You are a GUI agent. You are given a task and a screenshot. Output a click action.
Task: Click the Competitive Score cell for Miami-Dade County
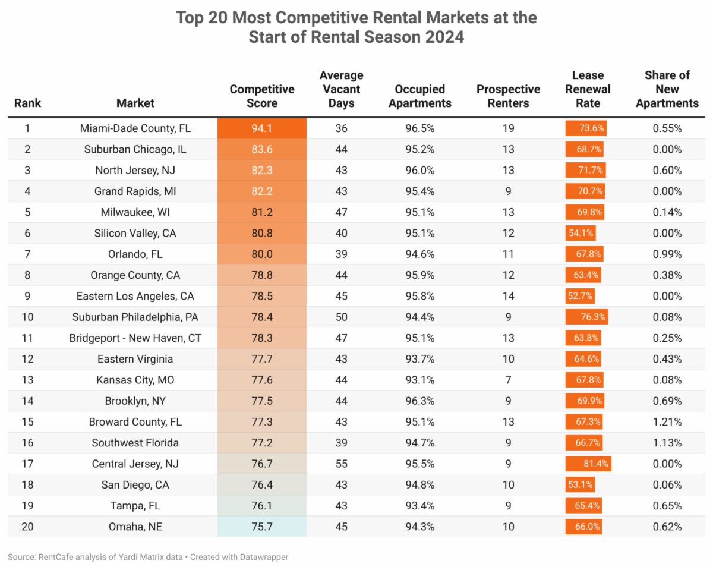pyautogui.click(x=262, y=128)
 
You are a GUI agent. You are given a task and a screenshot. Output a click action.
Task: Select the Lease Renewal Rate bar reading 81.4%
pyautogui.click(x=588, y=464)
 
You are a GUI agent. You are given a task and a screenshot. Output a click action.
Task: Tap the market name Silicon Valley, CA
pyautogui.click(x=135, y=233)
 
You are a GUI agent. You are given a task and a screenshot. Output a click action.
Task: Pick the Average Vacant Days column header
pyautogui.click(x=341, y=89)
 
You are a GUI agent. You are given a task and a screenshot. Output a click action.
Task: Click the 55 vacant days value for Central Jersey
pyautogui.click(x=341, y=464)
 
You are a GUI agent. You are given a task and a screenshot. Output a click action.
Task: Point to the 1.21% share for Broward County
pyautogui.click(x=667, y=422)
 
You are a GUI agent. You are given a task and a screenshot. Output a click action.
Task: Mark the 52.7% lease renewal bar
pyautogui.click(x=579, y=296)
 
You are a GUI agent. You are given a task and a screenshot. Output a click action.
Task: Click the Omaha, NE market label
pyautogui.click(x=135, y=527)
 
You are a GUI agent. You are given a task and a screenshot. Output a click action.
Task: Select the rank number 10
pyautogui.click(x=27, y=317)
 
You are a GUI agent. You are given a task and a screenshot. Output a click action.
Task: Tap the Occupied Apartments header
pyautogui.click(x=419, y=96)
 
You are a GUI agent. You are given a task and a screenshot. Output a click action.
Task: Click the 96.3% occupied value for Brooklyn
pyautogui.click(x=419, y=401)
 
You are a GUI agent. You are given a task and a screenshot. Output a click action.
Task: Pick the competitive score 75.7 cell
pyautogui.click(x=262, y=527)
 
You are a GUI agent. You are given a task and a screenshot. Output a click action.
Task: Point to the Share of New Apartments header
pyautogui.click(x=667, y=89)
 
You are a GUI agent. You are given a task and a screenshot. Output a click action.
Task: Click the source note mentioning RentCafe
pyautogui.click(x=148, y=557)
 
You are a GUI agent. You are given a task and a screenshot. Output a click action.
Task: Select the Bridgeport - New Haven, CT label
pyautogui.click(x=135, y=338)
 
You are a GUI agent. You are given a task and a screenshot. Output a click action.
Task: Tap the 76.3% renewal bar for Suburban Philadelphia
pyautogui.click(x=586, y=317)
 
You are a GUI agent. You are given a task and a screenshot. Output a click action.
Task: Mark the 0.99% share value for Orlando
pyautogui.click(x=667, y=254)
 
